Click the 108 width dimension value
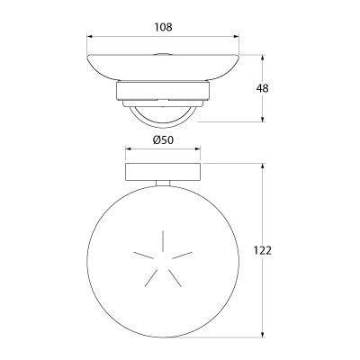coord(164,27)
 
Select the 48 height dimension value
coord(263,88)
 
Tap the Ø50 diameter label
coord(163,139)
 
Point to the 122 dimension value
coord(263,250)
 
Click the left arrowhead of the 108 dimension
coord(89,36)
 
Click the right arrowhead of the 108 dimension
coord(237,36)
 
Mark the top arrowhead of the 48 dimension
coord(263,58)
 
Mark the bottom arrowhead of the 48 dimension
coord(263,120)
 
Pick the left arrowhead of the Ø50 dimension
coord(128,149)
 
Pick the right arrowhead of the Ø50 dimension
coord(197,149)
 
